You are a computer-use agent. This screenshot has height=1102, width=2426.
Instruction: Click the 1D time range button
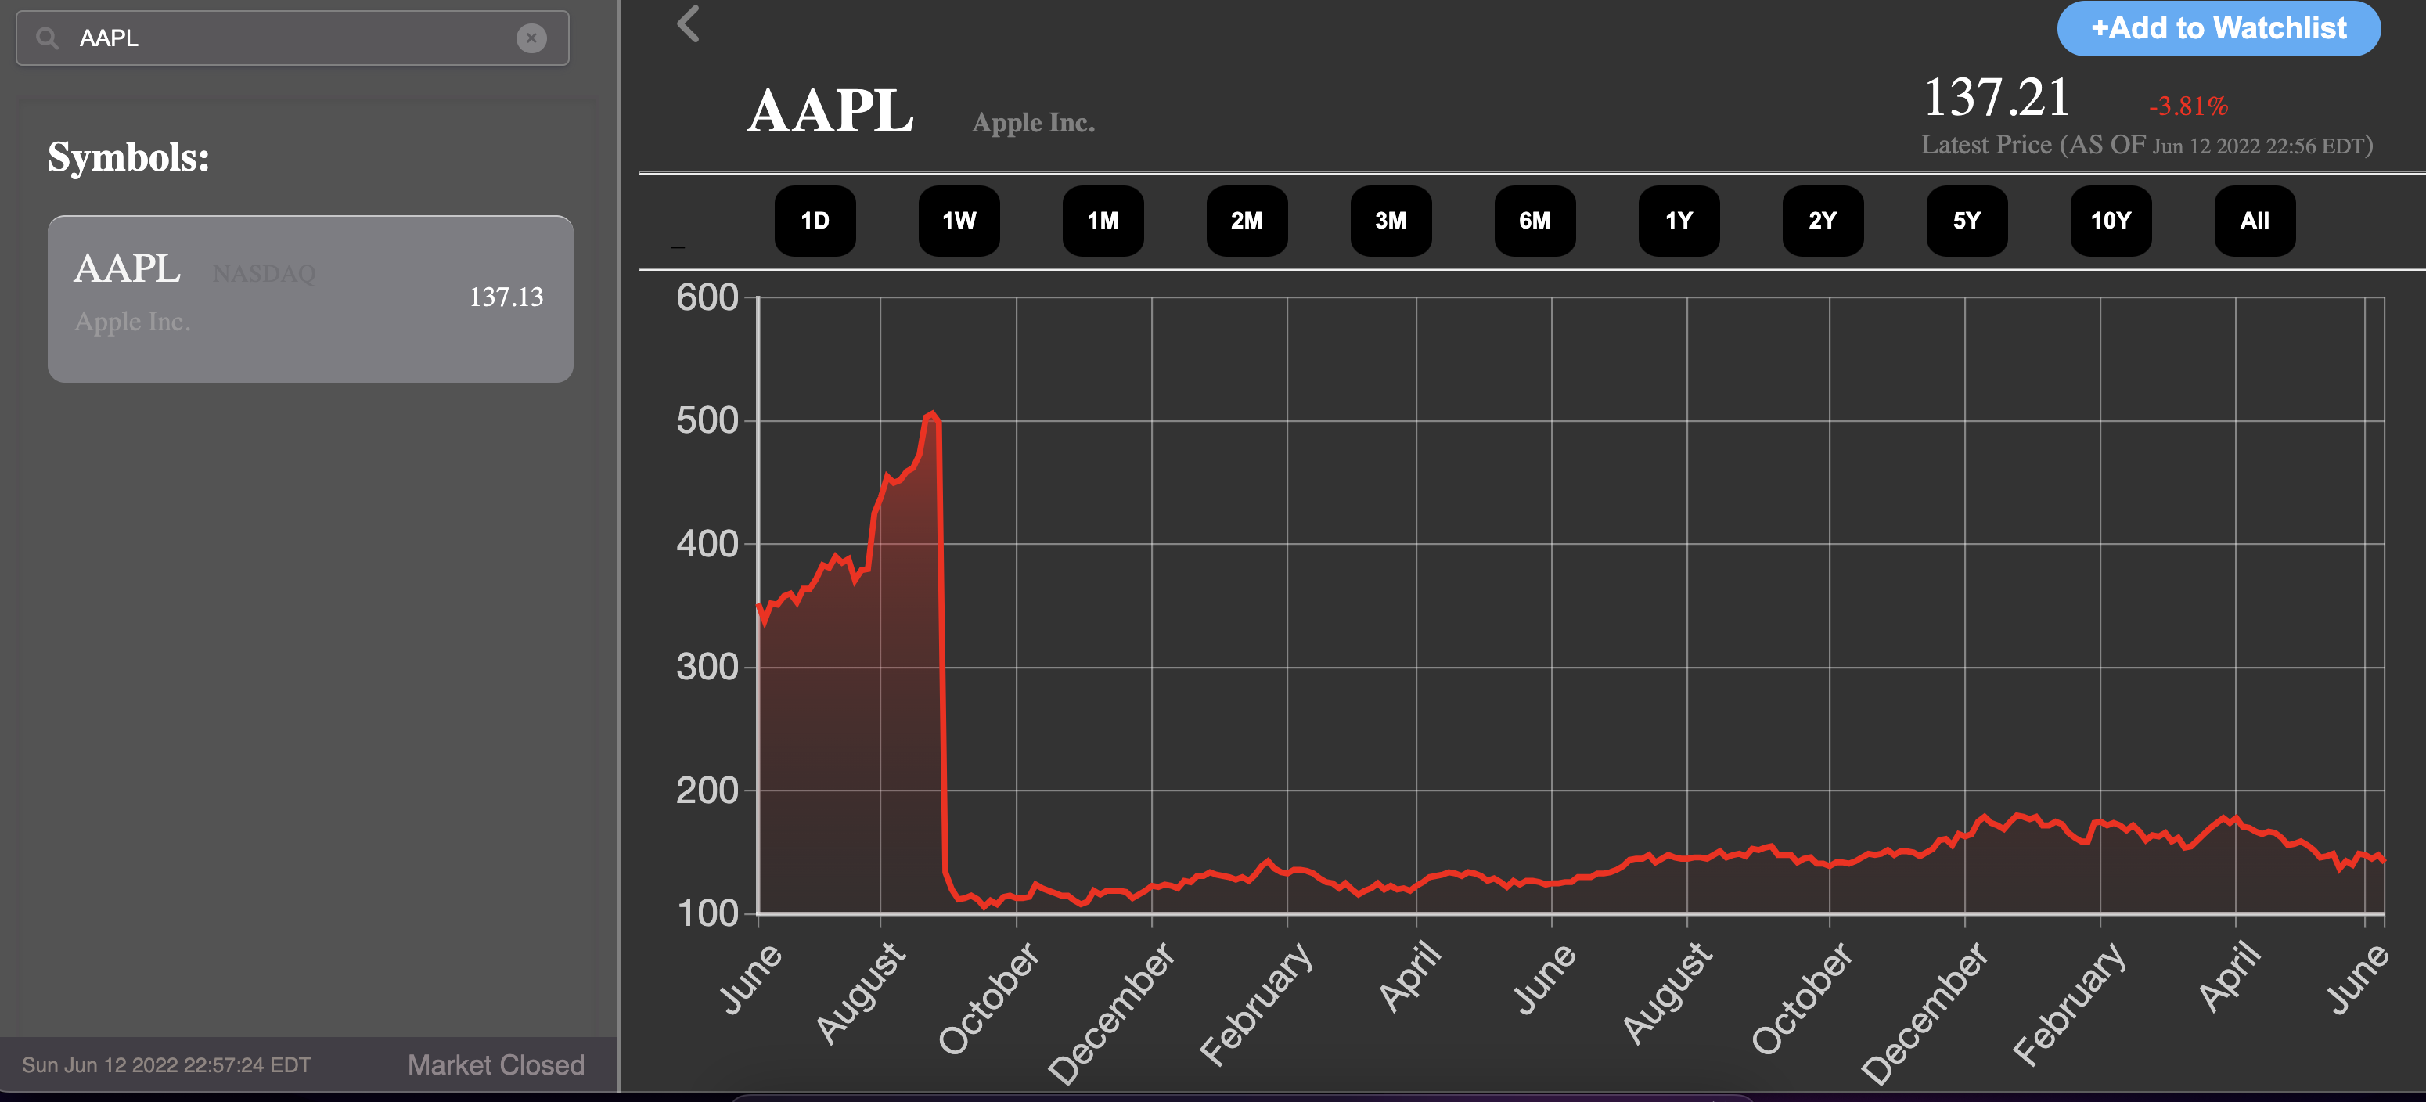pos(815,221)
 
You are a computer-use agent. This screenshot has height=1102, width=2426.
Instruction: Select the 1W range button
pos(959,221)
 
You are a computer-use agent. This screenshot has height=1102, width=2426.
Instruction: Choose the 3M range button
pos(1390,221)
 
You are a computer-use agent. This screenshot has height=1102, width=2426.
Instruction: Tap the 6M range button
pos(1534,221)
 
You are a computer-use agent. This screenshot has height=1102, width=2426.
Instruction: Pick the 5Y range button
pos(1967,221)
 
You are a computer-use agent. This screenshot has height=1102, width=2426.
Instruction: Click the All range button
pos(2254,221)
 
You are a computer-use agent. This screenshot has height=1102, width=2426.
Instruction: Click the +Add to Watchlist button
pos(2218,28)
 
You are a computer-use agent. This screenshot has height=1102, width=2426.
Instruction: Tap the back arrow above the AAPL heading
pos(689,23)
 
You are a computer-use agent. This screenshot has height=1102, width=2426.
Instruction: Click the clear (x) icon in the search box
pos(531,38)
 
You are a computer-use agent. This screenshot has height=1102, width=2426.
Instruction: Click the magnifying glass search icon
pos(47,38)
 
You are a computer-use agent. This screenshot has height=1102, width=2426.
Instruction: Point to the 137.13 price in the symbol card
pos(506,297)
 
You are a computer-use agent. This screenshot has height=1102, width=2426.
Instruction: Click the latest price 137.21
pos(1996,98)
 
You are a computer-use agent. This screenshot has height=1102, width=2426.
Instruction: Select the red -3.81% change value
pos(2188,106)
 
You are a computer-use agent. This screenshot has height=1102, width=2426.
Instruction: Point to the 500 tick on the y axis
pos(707,420)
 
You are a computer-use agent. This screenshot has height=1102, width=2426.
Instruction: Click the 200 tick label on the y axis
pos(707,790)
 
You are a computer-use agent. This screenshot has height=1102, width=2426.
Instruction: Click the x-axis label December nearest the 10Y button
pos(1926,1013)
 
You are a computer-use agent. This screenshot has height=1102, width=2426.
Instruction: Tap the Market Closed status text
pos(495,1064)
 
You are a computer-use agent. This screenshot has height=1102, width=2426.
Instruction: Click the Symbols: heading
pos(129,157)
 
